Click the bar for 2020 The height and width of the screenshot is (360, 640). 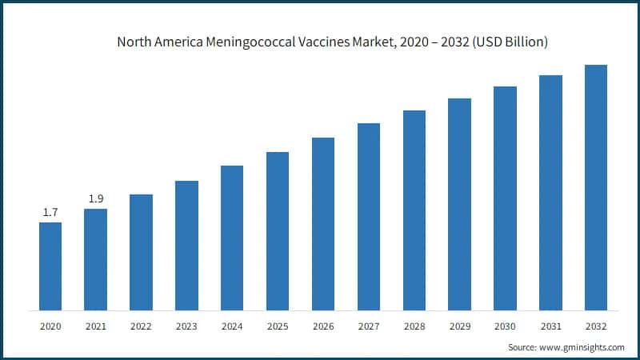(50, 266)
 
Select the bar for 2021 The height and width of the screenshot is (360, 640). (95, 259)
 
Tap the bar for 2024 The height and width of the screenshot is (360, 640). (232, 238)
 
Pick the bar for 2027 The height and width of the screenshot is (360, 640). (368, 217)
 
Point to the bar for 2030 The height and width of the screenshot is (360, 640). (505, 198)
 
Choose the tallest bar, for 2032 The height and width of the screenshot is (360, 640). (596, 187)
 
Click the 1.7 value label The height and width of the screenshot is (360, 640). (50, 212)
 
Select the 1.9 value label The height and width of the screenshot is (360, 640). (95, 198)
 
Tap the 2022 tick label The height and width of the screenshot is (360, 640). (141, 327)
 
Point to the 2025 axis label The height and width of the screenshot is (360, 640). (278, 327)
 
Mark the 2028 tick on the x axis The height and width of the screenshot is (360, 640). (414, 327)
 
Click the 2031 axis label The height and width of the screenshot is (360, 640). (550, 327)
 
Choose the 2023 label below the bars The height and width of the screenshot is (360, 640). (186, 327)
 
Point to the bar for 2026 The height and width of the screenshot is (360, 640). (323, 224)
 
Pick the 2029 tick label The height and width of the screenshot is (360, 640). (459, 327)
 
